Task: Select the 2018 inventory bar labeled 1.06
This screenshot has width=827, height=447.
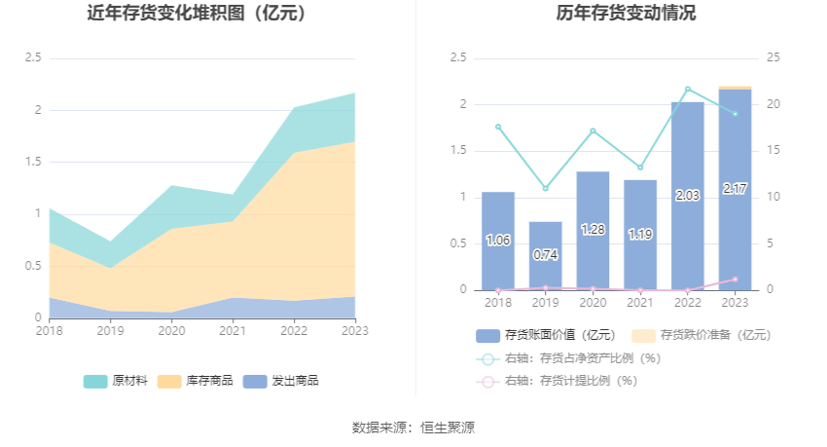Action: [x=498, y=241]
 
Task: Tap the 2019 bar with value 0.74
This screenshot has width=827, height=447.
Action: [x=546, y=255]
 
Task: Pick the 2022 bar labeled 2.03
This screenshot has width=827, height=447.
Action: [x=688, y=195]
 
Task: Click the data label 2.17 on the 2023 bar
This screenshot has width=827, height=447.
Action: [x=736, y=189]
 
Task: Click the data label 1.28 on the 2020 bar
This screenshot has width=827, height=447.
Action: [x=593, y=229]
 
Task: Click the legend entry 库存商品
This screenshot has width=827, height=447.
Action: [x=196, y=381]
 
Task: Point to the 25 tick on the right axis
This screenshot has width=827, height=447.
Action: [x=774, y=58]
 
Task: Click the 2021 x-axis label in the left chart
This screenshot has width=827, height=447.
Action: [x=233, y=331]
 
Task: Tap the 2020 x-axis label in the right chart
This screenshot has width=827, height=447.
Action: [x=593, y=303]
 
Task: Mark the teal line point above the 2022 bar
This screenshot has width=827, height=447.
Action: [x=688, y=89]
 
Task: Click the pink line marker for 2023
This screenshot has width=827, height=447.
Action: [x=735, y=279]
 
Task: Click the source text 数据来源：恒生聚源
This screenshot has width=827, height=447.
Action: [x=413, y=428]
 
